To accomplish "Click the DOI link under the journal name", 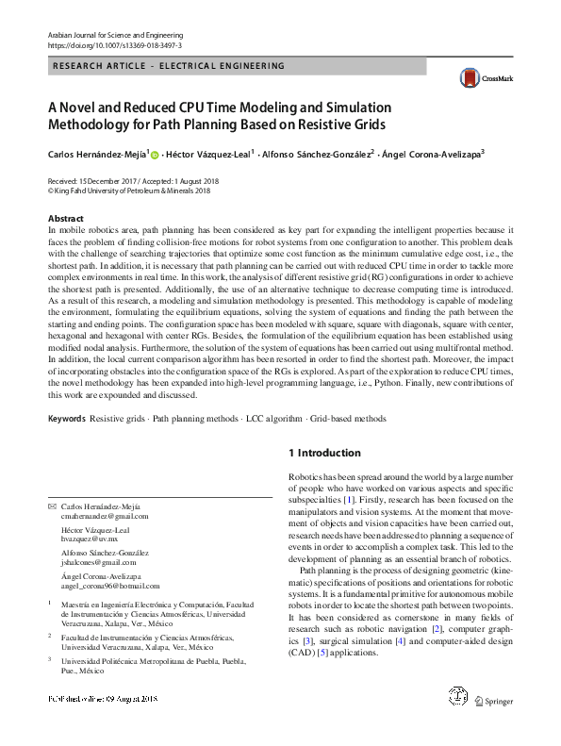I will (x=114, y=45).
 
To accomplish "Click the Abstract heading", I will (x=65, y=218).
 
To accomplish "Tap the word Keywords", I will (x=66, y=418).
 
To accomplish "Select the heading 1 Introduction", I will (x=324, y=453).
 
